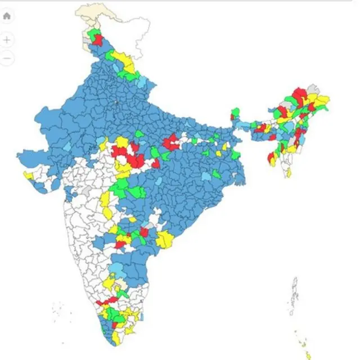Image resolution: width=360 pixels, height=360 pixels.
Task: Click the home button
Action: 7,16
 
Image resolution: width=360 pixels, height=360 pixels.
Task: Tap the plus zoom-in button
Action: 7,40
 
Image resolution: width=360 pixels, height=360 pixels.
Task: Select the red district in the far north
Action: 98,40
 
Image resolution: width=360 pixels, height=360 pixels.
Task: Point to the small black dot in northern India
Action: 116,102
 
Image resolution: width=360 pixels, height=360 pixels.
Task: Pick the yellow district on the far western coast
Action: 28,175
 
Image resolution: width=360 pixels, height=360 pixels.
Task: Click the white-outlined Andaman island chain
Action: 292,295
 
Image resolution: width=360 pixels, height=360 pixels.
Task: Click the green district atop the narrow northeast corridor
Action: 235,111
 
